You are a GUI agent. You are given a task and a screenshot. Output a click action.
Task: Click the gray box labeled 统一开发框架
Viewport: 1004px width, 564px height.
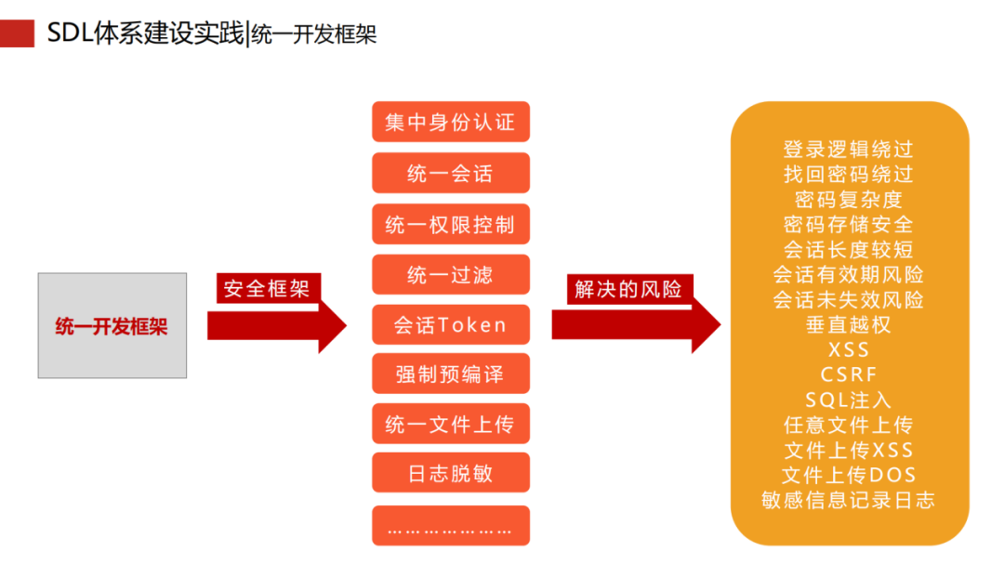[112, 325]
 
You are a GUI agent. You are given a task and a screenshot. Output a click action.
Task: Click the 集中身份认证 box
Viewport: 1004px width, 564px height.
[450, 122]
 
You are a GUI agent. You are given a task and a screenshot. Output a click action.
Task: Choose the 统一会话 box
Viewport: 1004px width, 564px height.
[450, 173]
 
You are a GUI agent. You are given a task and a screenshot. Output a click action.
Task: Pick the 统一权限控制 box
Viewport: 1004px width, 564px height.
[450, 224]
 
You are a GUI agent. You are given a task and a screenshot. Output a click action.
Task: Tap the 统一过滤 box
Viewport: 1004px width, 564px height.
[450, 275]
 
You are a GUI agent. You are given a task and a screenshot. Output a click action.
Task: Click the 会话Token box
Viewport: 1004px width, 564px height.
[450, 325]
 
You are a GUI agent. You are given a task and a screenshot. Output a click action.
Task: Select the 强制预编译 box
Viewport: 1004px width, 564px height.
[450, 374]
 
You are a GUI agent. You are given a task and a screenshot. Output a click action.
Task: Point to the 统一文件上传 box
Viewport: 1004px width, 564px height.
[450, 425]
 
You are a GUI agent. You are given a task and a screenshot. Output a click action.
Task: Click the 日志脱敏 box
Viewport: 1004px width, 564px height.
[450, 474]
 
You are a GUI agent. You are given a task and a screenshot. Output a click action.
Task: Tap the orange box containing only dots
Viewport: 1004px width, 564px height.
[450, 526]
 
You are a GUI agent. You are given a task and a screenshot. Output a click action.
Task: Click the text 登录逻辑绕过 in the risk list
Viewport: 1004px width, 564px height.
[848, 149]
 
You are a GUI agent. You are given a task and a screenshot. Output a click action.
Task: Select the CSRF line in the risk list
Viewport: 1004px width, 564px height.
[848, 374]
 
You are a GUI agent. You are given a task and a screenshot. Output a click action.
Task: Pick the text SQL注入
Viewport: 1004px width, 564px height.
[848, 400]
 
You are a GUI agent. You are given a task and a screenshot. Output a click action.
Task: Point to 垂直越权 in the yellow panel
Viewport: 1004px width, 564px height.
[848, 324]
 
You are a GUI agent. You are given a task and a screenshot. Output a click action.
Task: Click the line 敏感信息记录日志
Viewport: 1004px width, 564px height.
[848, 500]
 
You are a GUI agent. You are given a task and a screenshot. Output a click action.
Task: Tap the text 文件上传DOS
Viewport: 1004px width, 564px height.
[848, 475]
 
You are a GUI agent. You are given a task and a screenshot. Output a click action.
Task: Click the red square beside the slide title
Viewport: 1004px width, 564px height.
[17, 33]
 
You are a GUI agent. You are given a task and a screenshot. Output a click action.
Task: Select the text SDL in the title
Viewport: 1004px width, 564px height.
[67, 33]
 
